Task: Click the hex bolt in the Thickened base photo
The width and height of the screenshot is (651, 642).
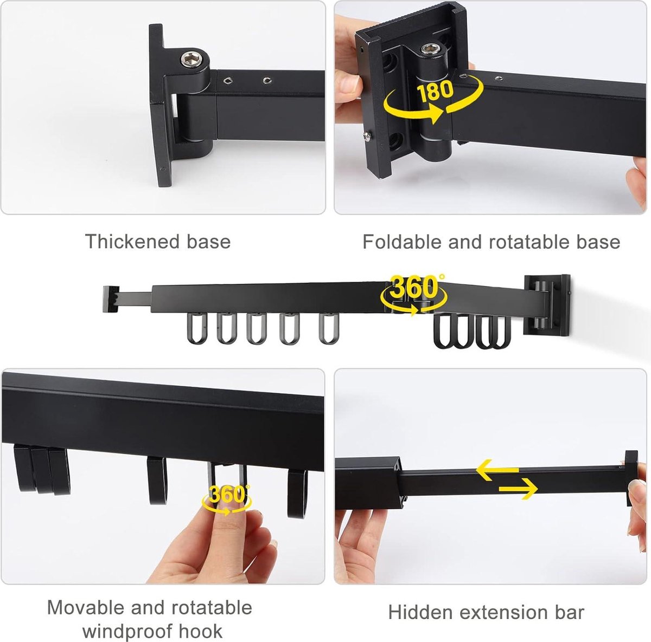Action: (192, 60)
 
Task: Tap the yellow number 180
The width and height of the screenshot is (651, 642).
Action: (435, 90)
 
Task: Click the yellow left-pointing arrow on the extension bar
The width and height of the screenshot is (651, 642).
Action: (497, 470)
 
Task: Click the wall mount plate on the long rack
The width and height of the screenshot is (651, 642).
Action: (547, 306)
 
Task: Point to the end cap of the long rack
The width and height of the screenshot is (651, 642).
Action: (111, 299)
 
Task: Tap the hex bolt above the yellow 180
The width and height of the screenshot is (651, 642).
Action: (430, 49)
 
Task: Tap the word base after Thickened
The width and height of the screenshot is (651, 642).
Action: (208, 242)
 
